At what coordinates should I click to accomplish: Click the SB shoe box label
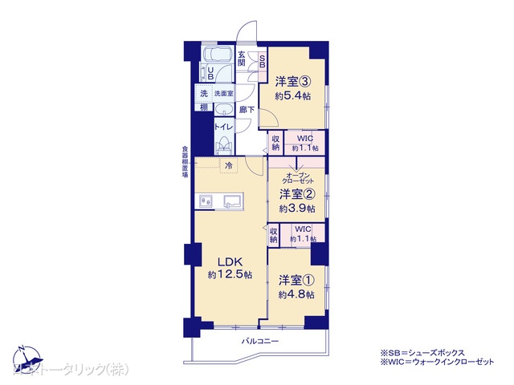pos(262,63)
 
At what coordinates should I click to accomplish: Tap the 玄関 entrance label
pos(242,58)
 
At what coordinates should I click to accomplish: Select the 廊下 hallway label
pos(247,109)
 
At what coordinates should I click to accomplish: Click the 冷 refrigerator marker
pos(228,166)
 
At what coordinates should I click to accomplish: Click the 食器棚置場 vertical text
pos(185,164)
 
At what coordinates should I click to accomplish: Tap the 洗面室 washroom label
pos(222,93)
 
